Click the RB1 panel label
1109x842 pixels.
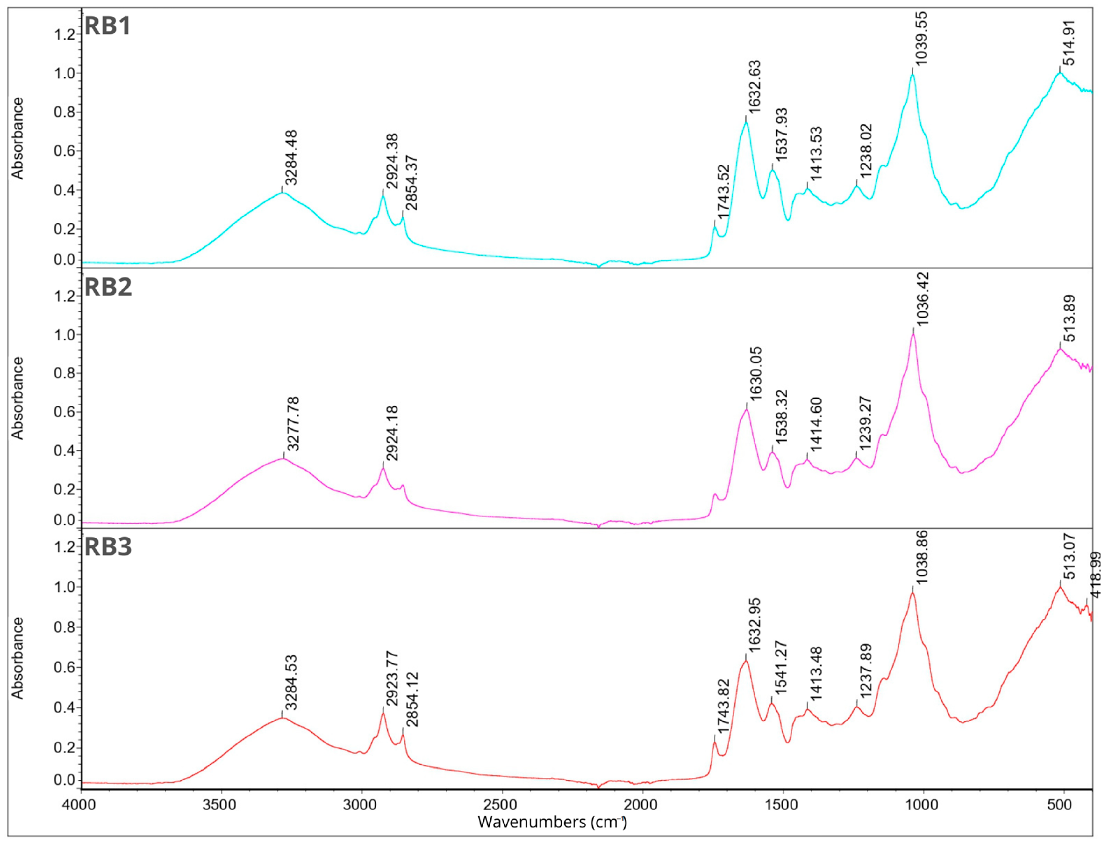(107, 26)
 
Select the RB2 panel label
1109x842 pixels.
(108, 287)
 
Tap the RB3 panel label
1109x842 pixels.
(108, 547)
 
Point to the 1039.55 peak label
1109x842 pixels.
(921, 46)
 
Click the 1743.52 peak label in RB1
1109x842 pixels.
(723, 191)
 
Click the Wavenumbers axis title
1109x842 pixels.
(552, 822)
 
